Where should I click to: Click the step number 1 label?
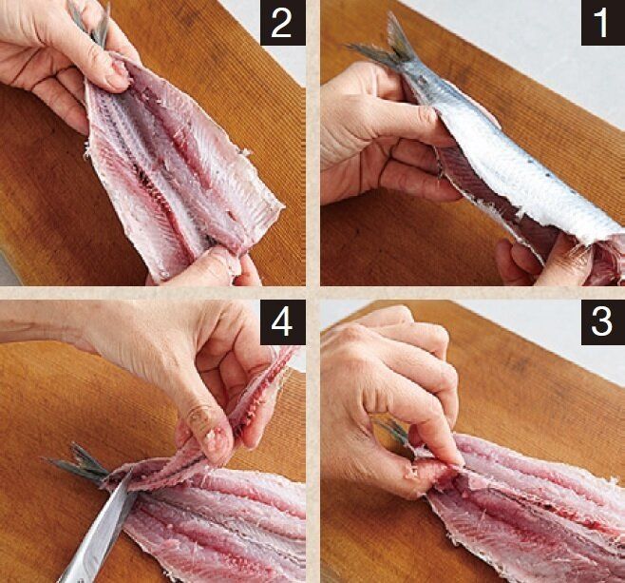click(x=602, y=23)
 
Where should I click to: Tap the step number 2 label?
click(x=283, y=23)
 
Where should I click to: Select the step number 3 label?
click(x=602, y=322)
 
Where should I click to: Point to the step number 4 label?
click(x=283, y=322)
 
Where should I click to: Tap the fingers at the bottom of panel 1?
click(x=539, y=260)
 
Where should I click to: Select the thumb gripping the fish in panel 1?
click(x=399, y=120)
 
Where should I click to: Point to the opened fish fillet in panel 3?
click(x=530, y=511)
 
